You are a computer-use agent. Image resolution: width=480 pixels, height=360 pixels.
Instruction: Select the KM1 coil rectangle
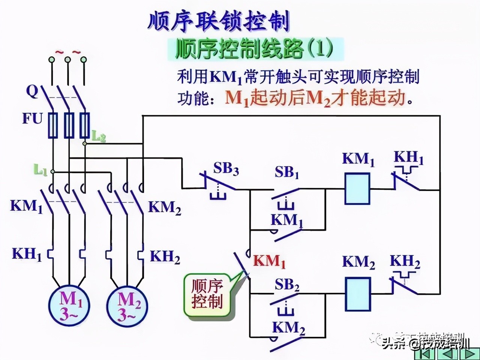point(357,188)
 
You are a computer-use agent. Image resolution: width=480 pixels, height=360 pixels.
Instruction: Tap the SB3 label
point(226,169)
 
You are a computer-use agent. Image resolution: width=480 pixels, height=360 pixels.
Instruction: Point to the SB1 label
point(287,173)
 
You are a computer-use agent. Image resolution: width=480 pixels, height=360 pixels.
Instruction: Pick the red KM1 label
point(269,261)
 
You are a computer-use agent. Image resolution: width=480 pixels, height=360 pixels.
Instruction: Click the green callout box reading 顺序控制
point(207,294)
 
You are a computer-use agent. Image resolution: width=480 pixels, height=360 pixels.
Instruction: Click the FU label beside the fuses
point(32,119)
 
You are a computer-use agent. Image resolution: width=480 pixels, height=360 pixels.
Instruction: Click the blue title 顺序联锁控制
point(219,22)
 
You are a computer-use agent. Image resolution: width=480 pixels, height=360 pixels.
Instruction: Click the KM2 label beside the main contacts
point(165,207)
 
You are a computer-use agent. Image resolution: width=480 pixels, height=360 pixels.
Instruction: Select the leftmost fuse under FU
point(52,124)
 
